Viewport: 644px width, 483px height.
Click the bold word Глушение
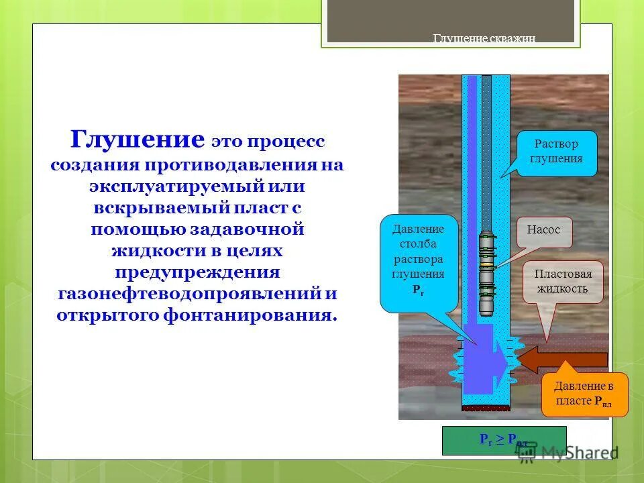138,140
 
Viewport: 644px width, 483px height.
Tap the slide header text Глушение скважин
484,38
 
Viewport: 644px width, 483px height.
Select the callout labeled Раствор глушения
556,152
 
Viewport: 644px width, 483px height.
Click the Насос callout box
543,229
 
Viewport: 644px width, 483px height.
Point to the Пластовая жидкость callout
562,282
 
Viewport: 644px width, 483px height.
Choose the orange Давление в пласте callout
584,394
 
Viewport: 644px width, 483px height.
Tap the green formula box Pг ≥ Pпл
503,440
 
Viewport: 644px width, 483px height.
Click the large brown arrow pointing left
563,360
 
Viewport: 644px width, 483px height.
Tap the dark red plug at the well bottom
486,407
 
